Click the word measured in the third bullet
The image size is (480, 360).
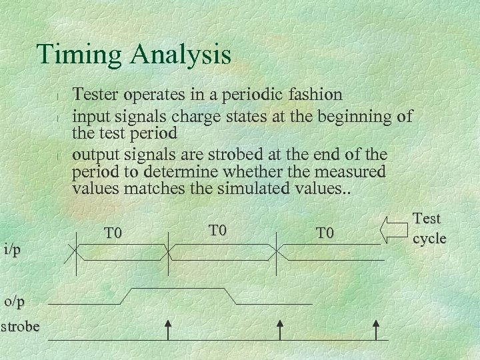coord(349,171)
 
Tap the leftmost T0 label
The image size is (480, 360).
coord(114,233)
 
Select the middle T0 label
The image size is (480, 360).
coord(218,231)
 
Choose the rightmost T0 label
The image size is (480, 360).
coord(325,233)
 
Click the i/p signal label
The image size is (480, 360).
coord(12,250)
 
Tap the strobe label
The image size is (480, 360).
coord(20,327)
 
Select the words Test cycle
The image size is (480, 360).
coord(429,228)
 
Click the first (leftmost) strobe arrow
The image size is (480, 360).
coord(168,329)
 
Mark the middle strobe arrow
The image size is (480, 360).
coord(280,329)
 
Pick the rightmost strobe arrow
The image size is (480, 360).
coord(377,329)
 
